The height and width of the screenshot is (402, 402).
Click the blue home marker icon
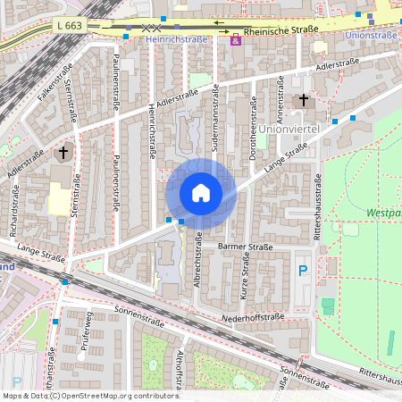point(201,193)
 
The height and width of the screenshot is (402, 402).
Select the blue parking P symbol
point(303,269)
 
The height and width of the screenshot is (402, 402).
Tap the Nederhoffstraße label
point(255,316)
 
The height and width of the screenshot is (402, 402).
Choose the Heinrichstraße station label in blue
point(176,40)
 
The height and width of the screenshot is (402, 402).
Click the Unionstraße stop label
point(371,35)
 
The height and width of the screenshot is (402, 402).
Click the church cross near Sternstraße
point(63,153)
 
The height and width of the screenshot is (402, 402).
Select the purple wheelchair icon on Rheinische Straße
point(236,41)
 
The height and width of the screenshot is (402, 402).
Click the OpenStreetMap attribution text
point(90,395)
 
